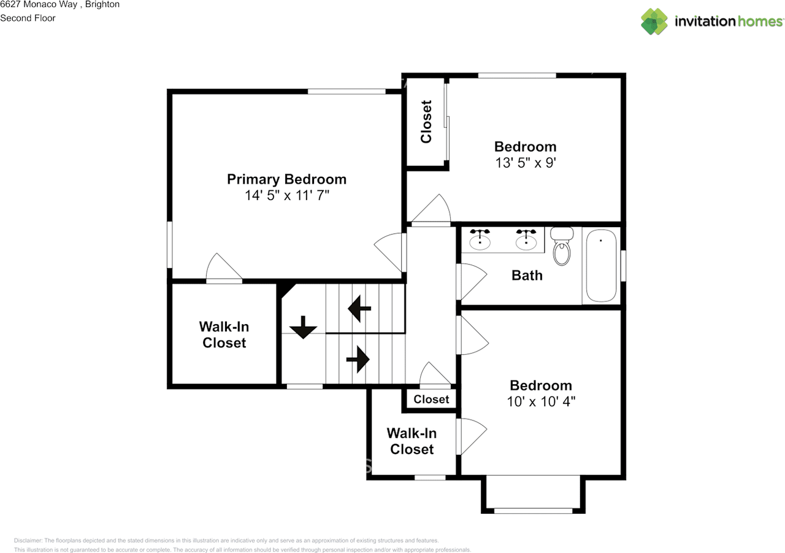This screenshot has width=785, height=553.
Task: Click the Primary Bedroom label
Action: pyautogui.click(x=286, y=179)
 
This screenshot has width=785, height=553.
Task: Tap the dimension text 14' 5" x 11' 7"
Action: pyautogui.click(x=286, y=196)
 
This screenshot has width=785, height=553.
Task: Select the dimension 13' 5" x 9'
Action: pyautogui.click(x=526, y=163)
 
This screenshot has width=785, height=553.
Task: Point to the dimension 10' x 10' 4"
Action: pyautogui.click(x=541, y=402)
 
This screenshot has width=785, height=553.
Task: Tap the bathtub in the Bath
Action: pyautogui.click(x=600, y=265)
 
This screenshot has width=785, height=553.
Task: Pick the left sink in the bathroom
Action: pyautogui.click(x=480, y=241)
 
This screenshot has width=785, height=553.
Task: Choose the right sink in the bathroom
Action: pyautogui.click(x=526, y=241)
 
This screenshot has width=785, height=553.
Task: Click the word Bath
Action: pyautogui.click(x=527, y=275)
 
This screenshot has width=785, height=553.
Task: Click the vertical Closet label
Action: pyautogui.click(x=426, y=122)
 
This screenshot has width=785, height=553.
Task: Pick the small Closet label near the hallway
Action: pyautogui.click(x=431, y=400)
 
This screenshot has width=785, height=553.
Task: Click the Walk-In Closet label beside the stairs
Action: pyautogui.click(x=224, y=335)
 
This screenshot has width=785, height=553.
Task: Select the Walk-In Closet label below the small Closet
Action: pyautogui.click(x=412, y=441)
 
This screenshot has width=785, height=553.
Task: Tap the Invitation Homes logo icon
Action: pyautogui.click(x=654, y=21)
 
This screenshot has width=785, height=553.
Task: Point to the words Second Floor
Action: pyautogui.click(x=28, y=18)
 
